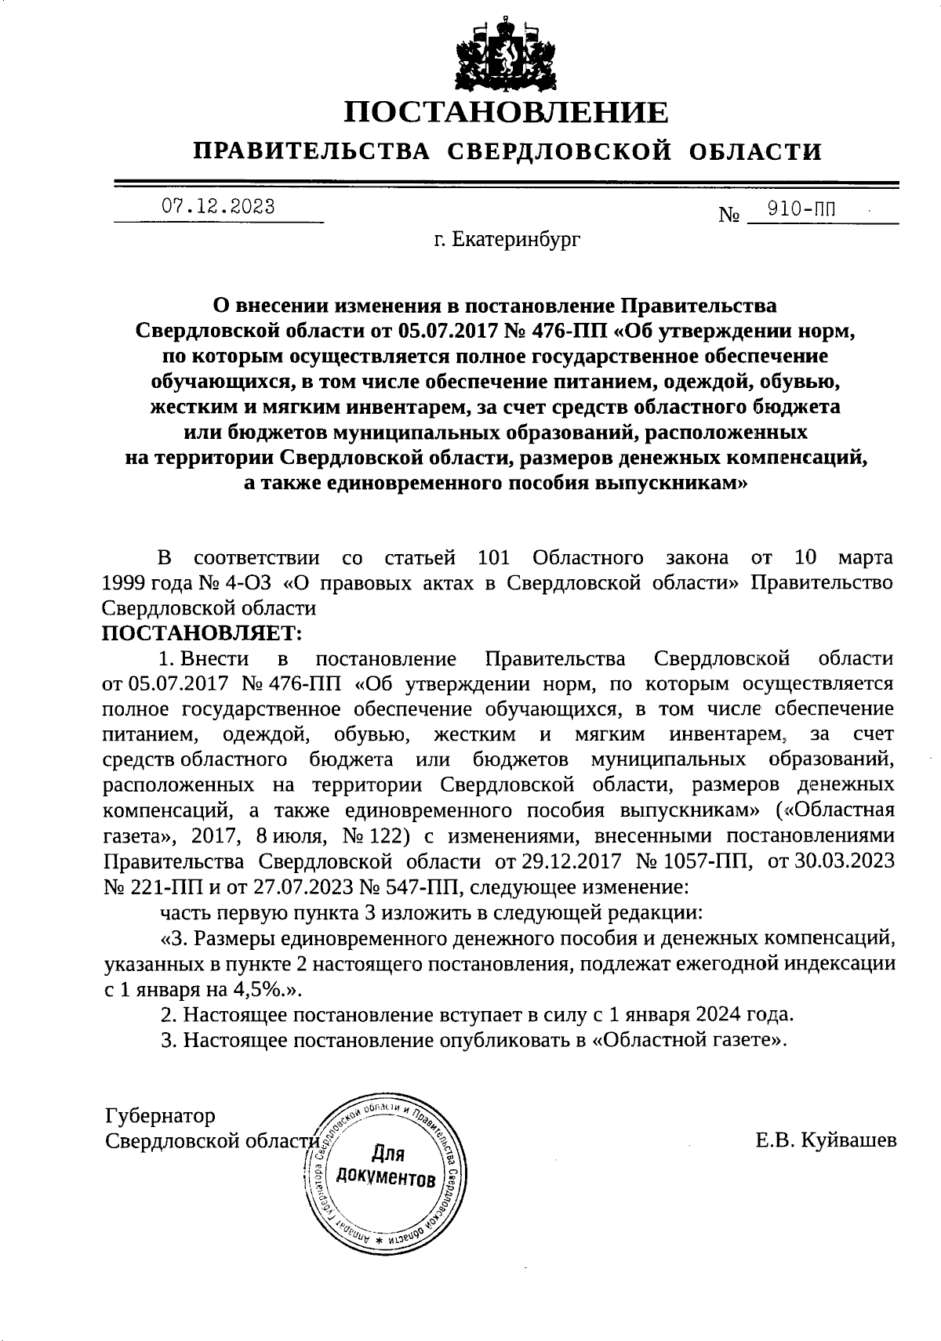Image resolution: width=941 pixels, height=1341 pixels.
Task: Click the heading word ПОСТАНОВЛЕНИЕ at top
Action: pos(507,113)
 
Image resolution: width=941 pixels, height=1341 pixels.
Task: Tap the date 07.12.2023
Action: pos(218,207)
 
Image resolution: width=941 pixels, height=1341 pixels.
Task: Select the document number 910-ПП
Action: pos(801,209)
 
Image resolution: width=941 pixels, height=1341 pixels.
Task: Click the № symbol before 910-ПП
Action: pos(728,214)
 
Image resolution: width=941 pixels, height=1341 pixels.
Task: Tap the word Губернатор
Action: pos(160,1115)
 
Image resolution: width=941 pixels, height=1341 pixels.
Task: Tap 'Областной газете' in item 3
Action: pos(689,1040)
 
